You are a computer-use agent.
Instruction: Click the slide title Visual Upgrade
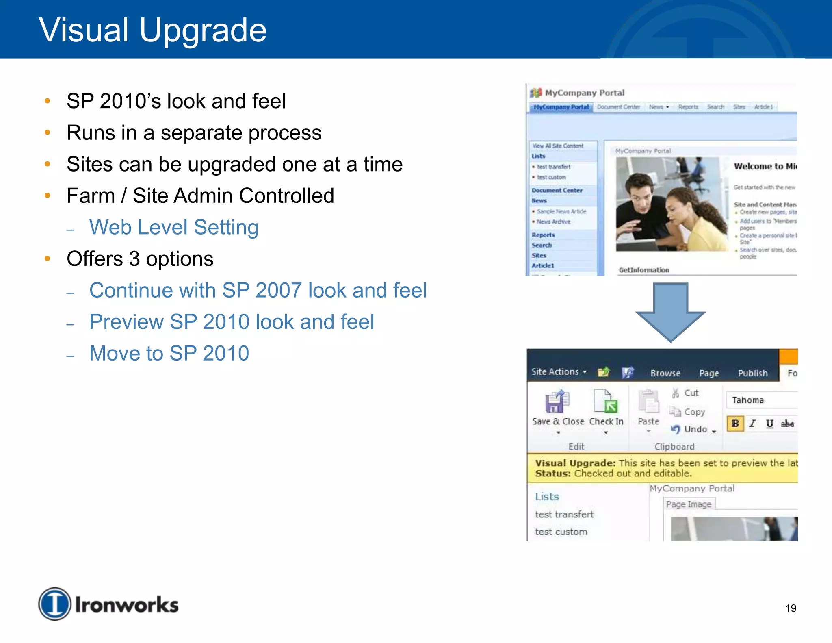point(152,30)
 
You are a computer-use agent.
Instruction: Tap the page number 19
point(791,608)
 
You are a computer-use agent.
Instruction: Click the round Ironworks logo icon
point(55,604)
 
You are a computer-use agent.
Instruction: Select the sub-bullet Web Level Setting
point(173,227)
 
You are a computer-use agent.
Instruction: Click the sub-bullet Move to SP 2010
point(169,353)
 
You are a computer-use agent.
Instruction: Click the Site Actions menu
point(559,372)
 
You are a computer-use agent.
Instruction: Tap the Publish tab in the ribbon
point(752,373)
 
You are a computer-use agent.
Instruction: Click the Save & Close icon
point(557,402)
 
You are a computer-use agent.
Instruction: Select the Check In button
point(606,406)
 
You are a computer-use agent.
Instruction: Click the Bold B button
point(735,424)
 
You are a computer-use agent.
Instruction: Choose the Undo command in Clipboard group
point(695,429)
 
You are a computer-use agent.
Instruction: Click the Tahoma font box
point(760,400)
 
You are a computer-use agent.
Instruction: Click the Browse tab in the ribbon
point(665,373)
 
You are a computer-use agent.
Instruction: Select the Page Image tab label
point(689,504)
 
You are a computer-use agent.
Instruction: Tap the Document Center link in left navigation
point(557,190)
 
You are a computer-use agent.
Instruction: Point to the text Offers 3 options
point(140,259)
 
